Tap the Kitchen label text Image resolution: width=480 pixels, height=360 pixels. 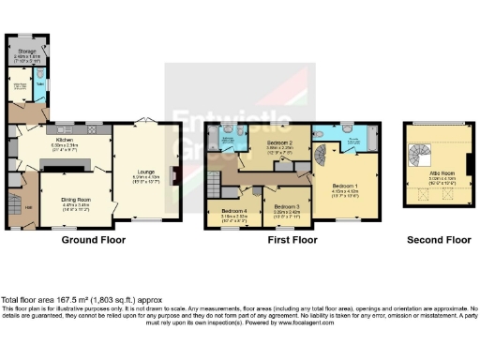pyautogui.click(x=66, y=142)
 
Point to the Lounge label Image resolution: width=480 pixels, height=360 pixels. pyautogui.click(x=145, y=172)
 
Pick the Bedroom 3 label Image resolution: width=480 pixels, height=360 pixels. pyautogui.click(x=287, y=207)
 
